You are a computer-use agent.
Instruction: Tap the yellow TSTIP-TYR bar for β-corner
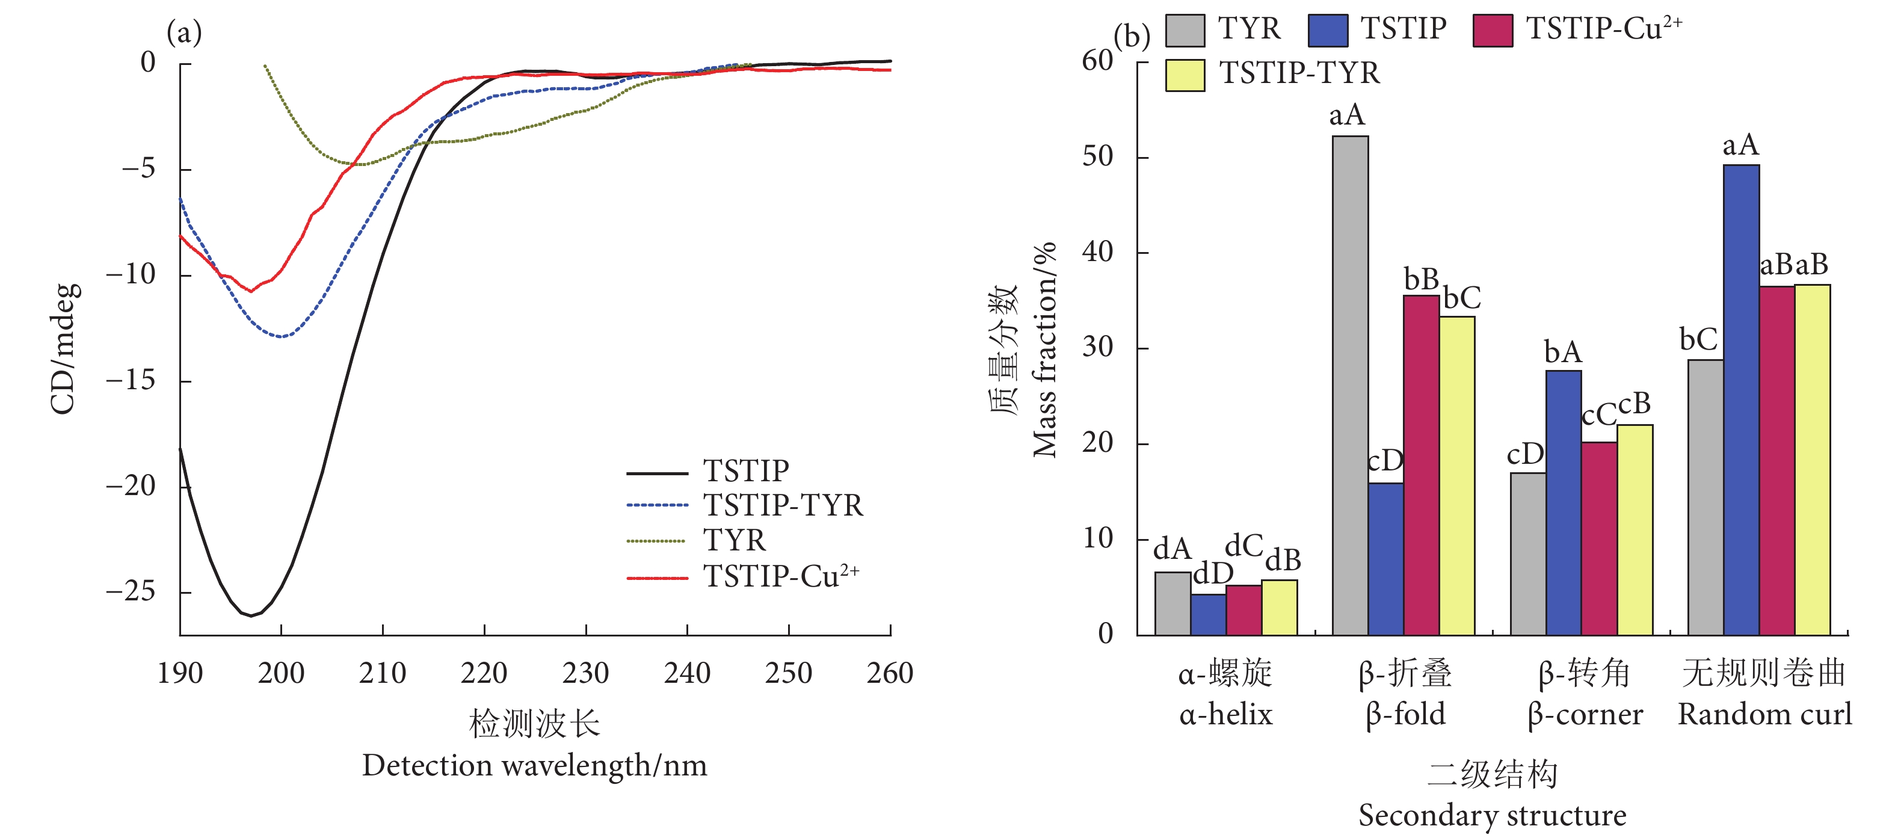(x=1635, y=530)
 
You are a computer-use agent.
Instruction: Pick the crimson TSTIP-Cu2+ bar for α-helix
(x=1243, y=610)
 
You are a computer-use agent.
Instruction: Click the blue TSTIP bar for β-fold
(x=1385, y=559)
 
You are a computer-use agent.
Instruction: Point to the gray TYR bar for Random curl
(x=1705, y=498)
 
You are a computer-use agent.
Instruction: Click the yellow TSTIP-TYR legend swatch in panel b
(x=1185, y=75)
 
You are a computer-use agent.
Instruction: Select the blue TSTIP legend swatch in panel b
(x=1328, y=30)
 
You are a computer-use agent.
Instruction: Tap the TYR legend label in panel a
(x=734, y=541)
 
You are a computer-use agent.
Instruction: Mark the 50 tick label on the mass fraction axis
(x=1097, y=156)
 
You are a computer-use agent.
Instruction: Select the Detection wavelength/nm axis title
(x=534, y=765)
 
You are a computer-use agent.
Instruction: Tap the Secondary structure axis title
(x=1491, y=815)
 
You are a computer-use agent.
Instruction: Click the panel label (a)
(x=184, y=32)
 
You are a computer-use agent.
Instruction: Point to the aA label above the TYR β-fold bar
(x=1346, y=115)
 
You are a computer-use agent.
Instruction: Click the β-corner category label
(x=1585, y=713)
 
